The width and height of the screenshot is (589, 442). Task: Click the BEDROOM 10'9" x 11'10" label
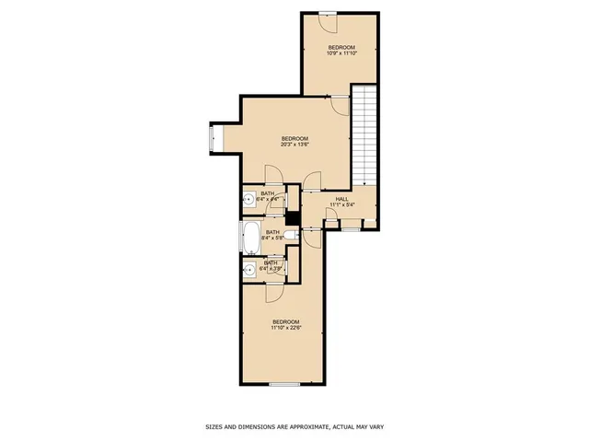click(341, 50)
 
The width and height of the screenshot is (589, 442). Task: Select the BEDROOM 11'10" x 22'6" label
click(284, 324)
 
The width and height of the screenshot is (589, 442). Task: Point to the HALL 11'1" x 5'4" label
click(341, 202)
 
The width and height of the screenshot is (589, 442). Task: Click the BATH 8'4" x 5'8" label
click(272, 236)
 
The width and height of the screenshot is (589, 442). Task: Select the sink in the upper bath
click(249, 199)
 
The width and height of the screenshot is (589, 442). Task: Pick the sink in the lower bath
click(249, 269)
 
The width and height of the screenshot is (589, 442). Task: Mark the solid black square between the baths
click(294, 218)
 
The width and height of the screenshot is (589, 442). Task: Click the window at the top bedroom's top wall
click(327, 12)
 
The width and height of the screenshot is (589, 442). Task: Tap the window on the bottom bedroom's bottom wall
click(284, 383)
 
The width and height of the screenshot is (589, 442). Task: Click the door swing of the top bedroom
click(340, 104)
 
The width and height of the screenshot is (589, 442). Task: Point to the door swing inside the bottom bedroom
click(273, 292)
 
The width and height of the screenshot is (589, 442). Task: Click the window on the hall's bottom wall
click(351, 229)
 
